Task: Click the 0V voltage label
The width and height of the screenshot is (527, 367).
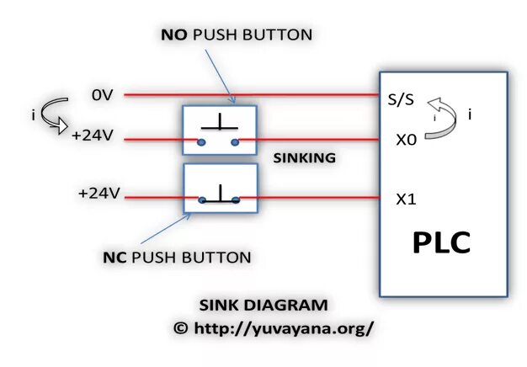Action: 102,95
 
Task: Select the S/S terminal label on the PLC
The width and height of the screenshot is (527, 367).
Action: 401,99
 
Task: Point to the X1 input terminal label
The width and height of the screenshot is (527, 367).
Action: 407,199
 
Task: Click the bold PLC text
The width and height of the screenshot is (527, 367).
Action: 441,242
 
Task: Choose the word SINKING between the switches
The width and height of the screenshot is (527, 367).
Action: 305,157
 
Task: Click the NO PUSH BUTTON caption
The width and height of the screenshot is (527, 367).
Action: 237,35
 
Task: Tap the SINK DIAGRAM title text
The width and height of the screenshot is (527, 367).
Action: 263,305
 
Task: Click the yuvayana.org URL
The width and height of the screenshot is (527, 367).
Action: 284,328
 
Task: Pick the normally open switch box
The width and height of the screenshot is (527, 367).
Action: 219,130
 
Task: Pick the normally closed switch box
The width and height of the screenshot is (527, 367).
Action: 219,189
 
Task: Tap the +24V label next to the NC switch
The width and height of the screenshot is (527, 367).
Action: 99,193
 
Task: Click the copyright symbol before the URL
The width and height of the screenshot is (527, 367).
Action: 180,329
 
